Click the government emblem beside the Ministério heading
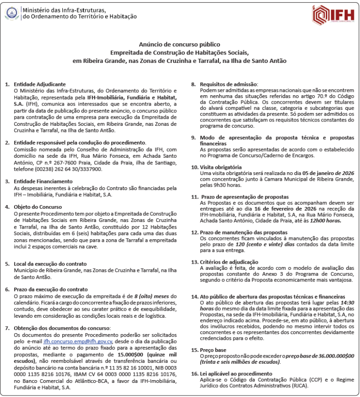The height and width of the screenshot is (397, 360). (x=12, y=13)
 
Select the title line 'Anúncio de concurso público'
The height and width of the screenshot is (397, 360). (x=180, y=45)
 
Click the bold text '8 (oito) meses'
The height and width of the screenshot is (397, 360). (x=153, y=296)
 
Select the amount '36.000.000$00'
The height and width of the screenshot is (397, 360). (x=332, y=356)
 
